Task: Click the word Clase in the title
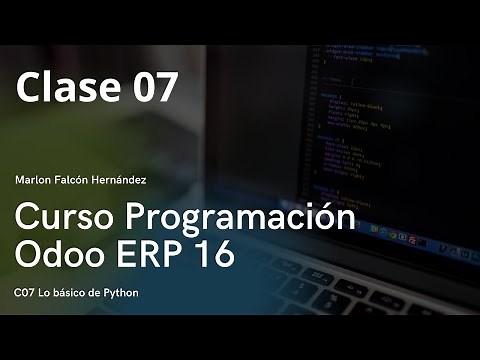pos(62,88)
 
